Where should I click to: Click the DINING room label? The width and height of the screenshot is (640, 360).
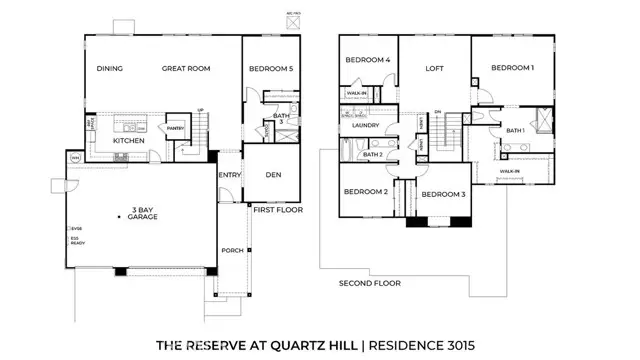[109, 70]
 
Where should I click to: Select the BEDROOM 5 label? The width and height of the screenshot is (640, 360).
[270, 70]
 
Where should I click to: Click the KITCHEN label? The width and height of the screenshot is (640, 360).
[129, 141]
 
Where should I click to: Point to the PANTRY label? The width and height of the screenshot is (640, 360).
[176, 128]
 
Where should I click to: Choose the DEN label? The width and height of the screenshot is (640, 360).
[273, 175]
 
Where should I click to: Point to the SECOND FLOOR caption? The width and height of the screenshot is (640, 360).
[369, 283]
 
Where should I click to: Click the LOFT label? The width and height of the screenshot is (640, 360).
[435, 69]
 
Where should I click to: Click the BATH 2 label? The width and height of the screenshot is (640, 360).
[372, 155]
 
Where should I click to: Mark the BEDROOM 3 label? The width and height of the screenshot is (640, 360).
[442, 194]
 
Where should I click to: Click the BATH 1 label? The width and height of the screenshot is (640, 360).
[516, 130]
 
